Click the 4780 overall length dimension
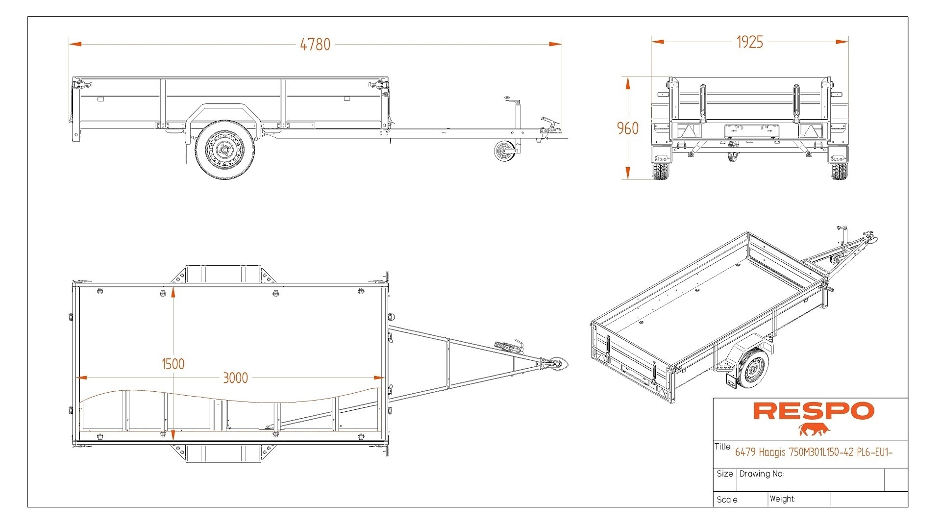[x=315, y=45]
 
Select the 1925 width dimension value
[x=749, y=42]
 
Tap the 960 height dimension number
[x=627, y=128]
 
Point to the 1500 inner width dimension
[x=173, y=364]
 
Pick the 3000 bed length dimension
[x=235, y=378]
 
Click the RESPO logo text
[x=813, y=411]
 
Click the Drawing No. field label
[x=761, y=474]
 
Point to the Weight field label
[x=782, y=499]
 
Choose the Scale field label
[x=727, y=500]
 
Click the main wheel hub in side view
[x=224, y=149]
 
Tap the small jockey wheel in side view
[x=504, y=151]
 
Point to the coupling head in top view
[x=556, y=364]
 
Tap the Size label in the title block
[x=724, y=474]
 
